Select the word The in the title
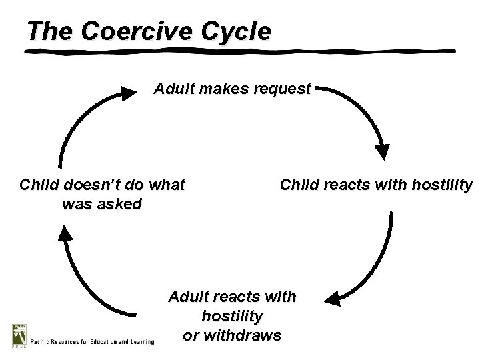coord(49,31)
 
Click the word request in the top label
coord(285,89)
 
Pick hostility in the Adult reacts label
coord(231,315)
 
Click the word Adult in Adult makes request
coord(173,89)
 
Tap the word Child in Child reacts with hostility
coord(300,184)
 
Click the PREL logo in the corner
coord(19,336)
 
